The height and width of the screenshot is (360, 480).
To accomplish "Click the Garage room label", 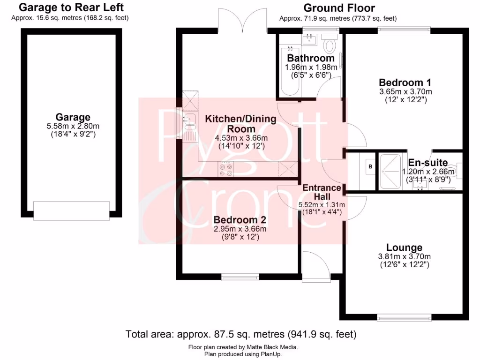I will tap(73, 117).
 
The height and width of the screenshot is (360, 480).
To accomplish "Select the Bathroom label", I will tap(311, 59).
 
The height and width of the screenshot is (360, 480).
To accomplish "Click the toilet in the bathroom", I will tap(330, 46).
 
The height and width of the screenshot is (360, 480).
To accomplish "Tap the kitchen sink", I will tap(190, 121).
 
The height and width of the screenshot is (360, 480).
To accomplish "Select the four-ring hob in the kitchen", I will tap(226, 169).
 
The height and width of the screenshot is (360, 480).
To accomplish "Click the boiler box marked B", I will tap(370, 167).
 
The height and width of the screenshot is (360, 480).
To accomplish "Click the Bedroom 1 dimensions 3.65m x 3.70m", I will tap(405, 91).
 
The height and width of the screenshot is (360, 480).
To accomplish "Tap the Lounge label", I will tap(404, 247).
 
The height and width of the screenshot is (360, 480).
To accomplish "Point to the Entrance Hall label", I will tap(322, 192).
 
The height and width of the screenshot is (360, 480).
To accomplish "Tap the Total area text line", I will tap(241, 335).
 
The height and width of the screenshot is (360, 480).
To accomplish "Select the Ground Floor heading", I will tap(339, 8).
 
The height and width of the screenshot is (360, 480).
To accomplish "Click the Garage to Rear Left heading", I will tap(71, 7).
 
